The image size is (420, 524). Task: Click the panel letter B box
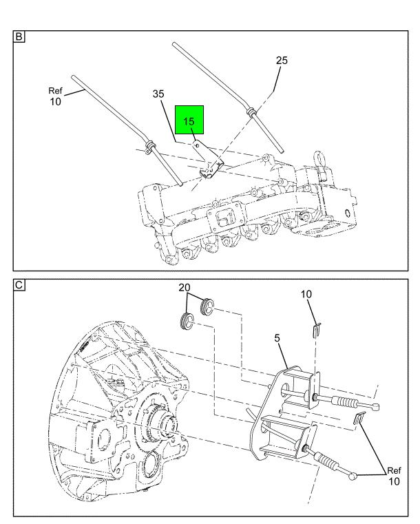pyautogui.click(x=19, y=36)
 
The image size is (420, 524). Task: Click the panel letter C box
pyautogui.click(x=19, y=285)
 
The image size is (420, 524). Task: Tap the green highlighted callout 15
pyautogui.click(x=189, y=120)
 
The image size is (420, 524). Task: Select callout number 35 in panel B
pyautogui.click(x=158, y=94)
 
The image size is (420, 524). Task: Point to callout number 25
pyautogui.click(x=282, y=61)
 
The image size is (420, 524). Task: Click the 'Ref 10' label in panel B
pyautogui.click(x=56, y=96)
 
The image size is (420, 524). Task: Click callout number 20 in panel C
pyautogui.click(x=184, y=287)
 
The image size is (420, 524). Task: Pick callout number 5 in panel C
pyautogui.click(x=277, y=338)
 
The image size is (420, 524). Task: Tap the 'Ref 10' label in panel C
pyautogui.click(x=394, y=476)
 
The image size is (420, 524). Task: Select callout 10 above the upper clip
pyautogui.click(x=306, y=294)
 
